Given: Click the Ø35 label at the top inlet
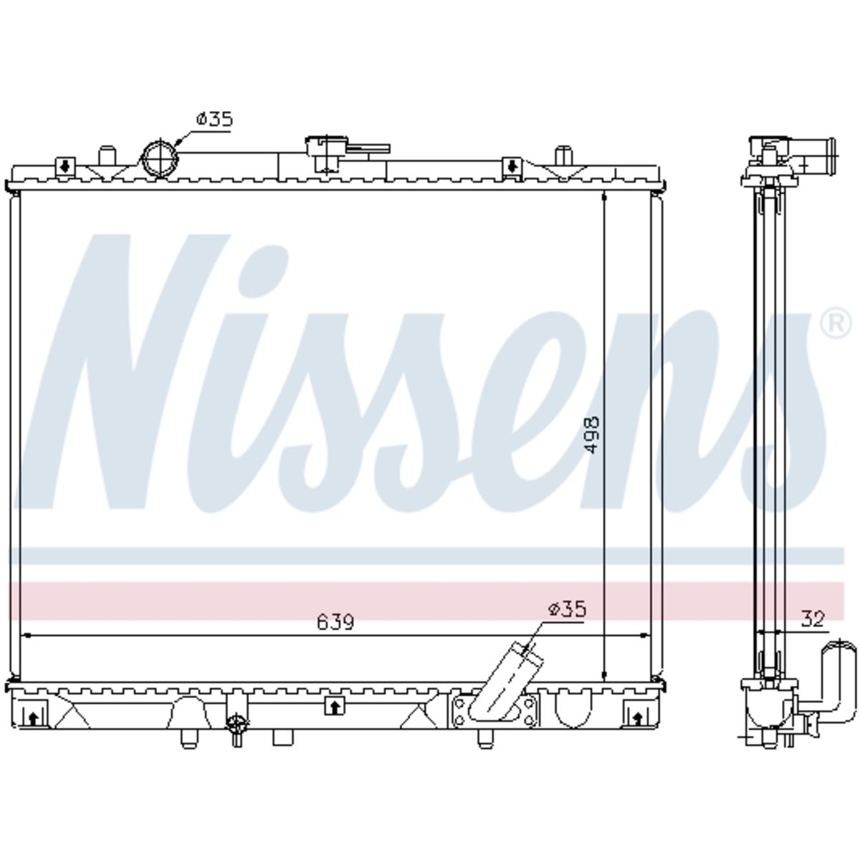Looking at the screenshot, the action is tap(214, 120).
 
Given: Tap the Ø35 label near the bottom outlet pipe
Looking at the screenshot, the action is tap(567, 610).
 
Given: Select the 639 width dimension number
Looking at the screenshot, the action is tap(335, 621).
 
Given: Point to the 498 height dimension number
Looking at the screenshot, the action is tap(592, 435).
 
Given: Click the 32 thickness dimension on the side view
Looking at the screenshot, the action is tap(812, 620).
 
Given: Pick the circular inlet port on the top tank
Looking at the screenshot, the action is tap(160, 158).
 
